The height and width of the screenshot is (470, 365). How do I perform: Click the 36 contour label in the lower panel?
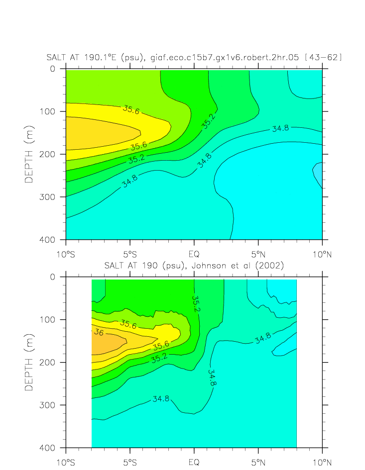click(98, 333)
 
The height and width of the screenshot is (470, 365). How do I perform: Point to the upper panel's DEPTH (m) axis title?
click(29, 154)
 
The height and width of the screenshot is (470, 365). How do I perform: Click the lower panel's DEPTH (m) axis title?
click(29, 362)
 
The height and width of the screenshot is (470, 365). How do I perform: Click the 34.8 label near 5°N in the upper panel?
click(280, 128)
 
